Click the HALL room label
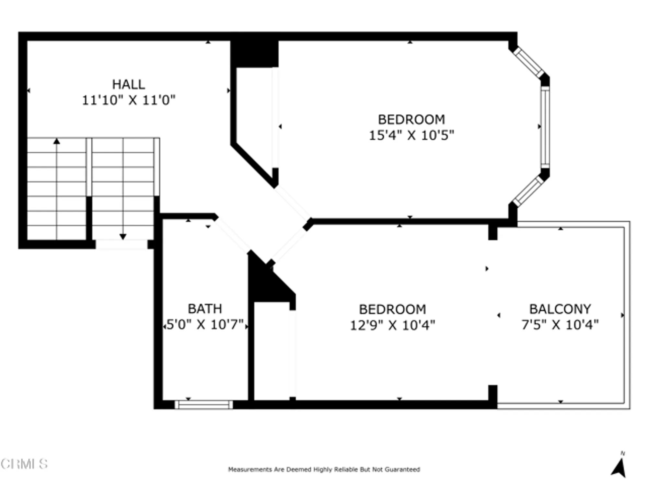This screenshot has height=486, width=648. (128, 85)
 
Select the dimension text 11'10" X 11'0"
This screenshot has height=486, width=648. (128, 100)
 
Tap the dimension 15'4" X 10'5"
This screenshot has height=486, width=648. (411, 135)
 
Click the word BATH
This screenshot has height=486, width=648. (205, 309)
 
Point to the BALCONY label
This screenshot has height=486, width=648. (560, 309)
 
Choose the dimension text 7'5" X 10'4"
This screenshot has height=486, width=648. (560, 325)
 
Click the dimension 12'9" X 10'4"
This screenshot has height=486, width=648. (392, 325)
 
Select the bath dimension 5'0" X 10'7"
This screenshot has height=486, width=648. (205, 324)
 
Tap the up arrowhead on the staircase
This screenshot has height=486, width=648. (57, 141)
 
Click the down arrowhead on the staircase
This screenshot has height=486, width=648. (123, 237)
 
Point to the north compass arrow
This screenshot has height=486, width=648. (619, 468)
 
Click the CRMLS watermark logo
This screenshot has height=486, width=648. (24, 464)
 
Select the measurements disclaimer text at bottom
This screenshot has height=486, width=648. (324, 469)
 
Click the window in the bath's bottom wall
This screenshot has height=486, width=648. (204, 404)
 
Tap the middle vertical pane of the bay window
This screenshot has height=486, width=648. (545, 127)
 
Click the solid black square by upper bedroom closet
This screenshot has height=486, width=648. (254, 54)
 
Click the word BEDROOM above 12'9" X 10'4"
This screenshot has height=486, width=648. (392, 309)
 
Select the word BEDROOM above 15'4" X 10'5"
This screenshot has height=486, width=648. (411, 120)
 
